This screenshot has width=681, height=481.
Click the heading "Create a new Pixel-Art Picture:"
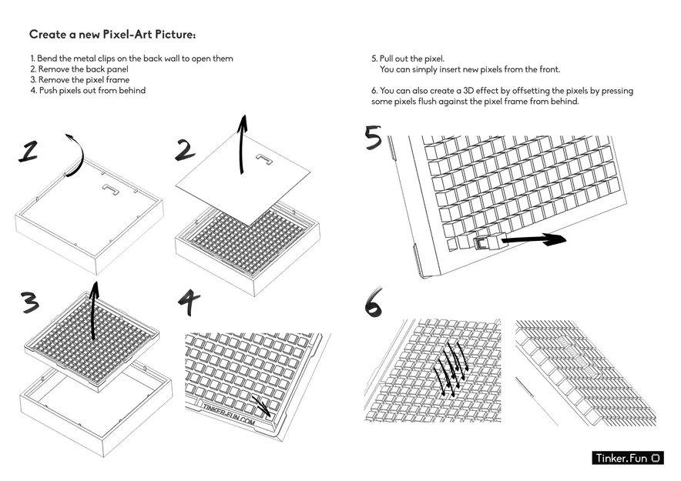coord(112,35)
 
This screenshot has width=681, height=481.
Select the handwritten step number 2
coord(185,149)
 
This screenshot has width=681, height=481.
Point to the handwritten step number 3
coord(29,302)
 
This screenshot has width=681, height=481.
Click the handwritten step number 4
coord(189,302)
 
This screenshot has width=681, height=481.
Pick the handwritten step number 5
coord(373,139)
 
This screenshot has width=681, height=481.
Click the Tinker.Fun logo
coord(628,458)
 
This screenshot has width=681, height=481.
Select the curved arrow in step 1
coord(73,154)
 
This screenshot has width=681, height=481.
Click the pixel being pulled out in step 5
coord(485,243)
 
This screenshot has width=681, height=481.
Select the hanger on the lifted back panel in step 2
coord(264,161)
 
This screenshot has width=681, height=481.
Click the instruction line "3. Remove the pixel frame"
coord(79,80)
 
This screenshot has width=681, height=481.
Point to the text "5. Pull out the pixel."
coord(408,58)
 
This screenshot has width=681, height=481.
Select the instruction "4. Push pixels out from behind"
coord(88,91)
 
